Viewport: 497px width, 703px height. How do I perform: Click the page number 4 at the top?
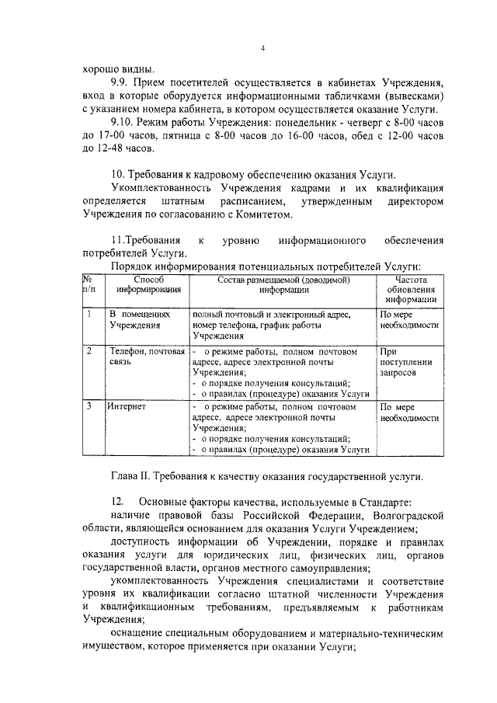262,50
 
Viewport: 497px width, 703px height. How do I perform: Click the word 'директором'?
414,201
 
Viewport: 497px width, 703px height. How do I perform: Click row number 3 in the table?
90,405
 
